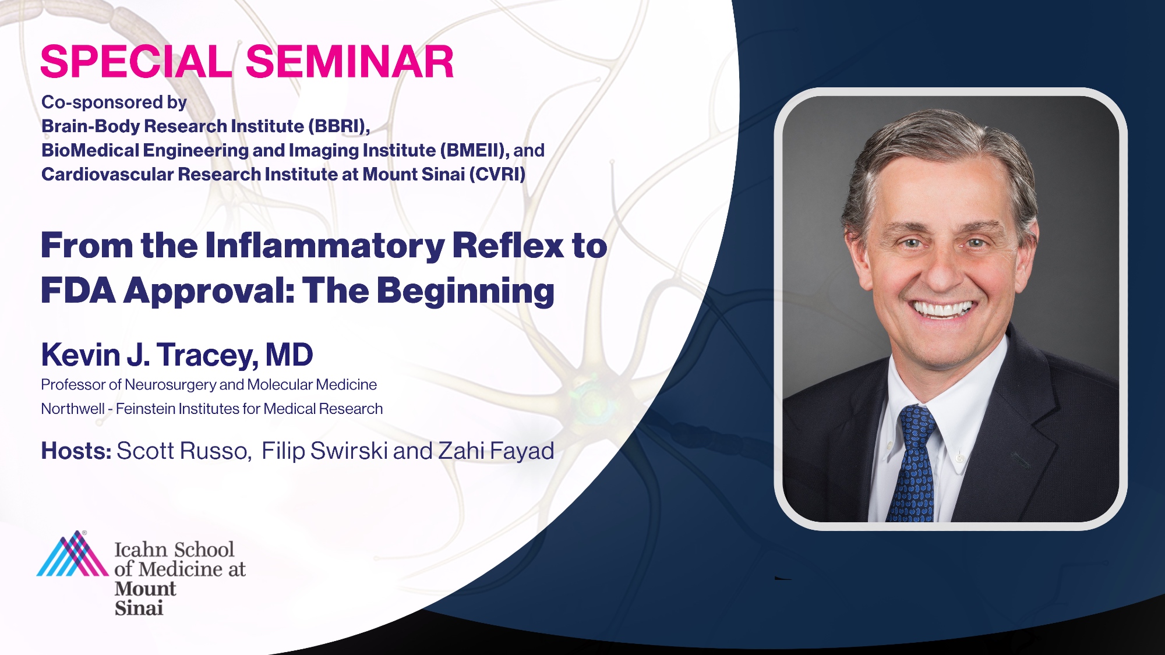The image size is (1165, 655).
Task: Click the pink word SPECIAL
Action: [136, 62]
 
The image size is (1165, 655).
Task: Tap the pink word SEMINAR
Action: [349, 62]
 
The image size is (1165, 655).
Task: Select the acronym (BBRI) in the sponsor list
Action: [339, 126]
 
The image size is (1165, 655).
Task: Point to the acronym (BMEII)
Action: [475, 150]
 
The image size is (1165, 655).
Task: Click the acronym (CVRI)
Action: [497, 174]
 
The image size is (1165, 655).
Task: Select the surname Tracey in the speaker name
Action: [207, 355]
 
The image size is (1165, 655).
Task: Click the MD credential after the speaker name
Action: [290, 355]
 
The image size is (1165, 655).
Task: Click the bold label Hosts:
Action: [76, 451]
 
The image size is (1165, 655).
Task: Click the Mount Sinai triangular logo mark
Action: [73, 554]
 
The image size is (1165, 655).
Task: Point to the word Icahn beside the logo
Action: [141, 549]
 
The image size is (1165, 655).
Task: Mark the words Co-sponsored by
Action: [114, 102]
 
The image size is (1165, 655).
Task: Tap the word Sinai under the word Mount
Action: [139, 608]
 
